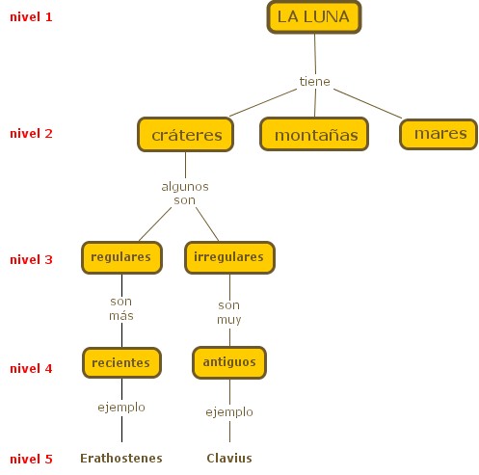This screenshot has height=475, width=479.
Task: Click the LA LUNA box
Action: (x=314, y=17)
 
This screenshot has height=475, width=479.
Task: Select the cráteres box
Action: (x=185, y=135)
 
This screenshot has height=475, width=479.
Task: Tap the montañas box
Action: (x=314, y=134)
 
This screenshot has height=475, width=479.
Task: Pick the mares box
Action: (x=439, y=134)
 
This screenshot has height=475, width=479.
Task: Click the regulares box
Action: (x=121, y=257)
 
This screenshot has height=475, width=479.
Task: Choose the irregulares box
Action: (x=229, y=257)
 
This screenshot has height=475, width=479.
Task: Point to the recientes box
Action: (x=121, y=362)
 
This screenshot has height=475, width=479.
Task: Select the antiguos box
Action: (x=229, y=362)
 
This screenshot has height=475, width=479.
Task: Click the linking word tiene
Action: (x=314, y=82)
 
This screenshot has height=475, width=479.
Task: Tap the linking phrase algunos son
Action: (x=185, y=193)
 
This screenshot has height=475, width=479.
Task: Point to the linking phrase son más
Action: (x=121, y=308)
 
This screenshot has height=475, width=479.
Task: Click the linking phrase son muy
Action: (x=229, y=312)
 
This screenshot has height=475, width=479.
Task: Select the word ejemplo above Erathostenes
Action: (x=121, y=408)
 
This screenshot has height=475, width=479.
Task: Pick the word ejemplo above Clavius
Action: (x=229, y=412)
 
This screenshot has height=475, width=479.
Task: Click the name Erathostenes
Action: (x=121, y=459)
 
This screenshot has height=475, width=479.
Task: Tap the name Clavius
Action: (x=229, y=459)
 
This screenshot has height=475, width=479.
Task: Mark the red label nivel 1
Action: (x=31, y=17)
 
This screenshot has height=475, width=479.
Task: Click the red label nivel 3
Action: (x=31, y=259)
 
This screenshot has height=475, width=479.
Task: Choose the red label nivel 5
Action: (x=31, y=460)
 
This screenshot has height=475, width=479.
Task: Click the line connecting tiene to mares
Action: (x=368, y=104)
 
